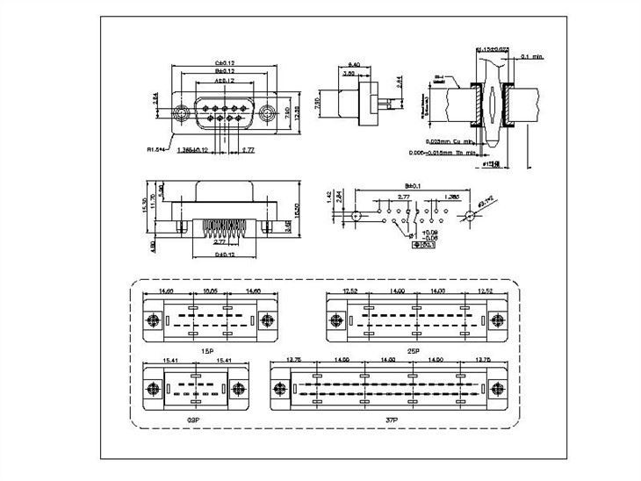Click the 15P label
coord(208,349)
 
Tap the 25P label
coord(412,349)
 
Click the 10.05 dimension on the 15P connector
coord(210,290)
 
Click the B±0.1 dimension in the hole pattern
coord(411,186)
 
